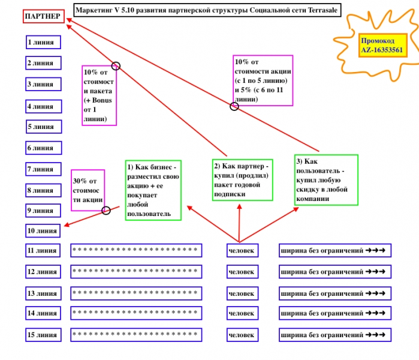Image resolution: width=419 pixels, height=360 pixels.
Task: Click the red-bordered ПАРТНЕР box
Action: point(43,16)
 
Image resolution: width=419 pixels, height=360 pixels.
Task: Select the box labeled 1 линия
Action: point(43,42)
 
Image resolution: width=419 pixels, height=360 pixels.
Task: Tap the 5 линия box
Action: point(43,127)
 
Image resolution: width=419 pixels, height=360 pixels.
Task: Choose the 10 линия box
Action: point(43,230)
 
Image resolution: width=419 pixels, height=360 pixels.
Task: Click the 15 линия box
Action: point(42,335)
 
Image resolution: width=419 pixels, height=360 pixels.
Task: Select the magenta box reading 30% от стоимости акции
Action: point(88,190)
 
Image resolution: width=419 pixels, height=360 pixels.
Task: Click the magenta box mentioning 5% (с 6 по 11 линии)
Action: point(263,80)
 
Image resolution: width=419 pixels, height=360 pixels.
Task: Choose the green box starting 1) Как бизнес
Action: point(153,190)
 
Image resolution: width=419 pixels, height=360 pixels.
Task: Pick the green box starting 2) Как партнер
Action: point(242,179)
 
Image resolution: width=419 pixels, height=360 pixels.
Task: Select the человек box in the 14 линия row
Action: point(242,313)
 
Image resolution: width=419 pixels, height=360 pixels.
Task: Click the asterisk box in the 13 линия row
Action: point(135,293)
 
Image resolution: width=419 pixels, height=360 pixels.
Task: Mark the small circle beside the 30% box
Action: point(106,210)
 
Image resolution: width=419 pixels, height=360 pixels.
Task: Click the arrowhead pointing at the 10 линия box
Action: point(66,226)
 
